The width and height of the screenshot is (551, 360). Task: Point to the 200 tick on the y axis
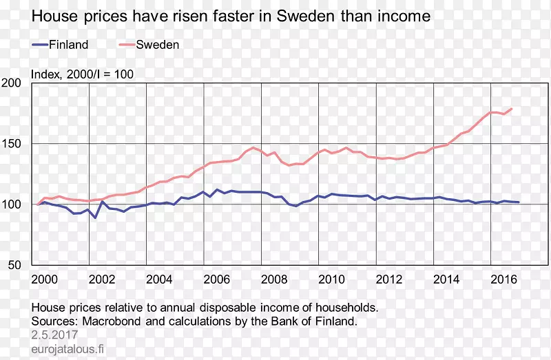click(12, 83)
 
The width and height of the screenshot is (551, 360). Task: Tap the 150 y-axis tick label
click(12, 144)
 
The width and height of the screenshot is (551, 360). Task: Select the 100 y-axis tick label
click(12, 204)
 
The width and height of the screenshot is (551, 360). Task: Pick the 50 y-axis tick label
click(16, 265)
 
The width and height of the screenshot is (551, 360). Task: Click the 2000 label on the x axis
click(44, 279)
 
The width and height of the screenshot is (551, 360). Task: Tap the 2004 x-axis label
click(159, 279)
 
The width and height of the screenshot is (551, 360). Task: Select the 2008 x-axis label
click(274, 279)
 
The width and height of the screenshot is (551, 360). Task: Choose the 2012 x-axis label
click(388, 279)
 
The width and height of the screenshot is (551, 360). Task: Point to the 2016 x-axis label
click(503, 279)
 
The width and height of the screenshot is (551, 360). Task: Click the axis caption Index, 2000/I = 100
click(83, 74)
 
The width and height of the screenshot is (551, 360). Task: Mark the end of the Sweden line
click(512, 109)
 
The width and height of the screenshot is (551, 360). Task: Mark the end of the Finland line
click(519, 202)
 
